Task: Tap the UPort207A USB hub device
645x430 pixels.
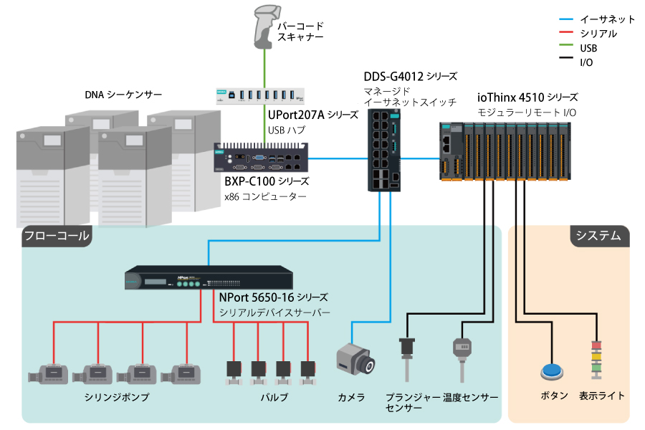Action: pos(260,96)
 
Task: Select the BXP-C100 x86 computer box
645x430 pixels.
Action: pos(261,158)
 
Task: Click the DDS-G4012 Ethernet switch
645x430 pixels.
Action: pos(384,150)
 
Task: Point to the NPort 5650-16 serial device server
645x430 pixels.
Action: pos(209,278)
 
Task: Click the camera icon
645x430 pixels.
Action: pos(355,359)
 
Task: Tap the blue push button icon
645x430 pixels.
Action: pos(552,371)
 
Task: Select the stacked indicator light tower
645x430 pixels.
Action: pos(596,360)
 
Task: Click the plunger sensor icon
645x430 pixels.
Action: pos(407,359)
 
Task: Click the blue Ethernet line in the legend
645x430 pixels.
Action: pos(566,19)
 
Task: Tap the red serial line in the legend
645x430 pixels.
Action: pos(566,32)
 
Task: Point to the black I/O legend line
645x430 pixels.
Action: pos(566,57)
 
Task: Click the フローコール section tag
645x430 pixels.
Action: pos(57,236)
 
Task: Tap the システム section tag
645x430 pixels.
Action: pos(600,236)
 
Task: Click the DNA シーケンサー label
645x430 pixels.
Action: pos(123,95)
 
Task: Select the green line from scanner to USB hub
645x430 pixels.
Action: pos(264,69)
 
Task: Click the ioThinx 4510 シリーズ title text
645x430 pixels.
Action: pos(527,97)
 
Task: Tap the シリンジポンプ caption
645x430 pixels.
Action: pos(117,397)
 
